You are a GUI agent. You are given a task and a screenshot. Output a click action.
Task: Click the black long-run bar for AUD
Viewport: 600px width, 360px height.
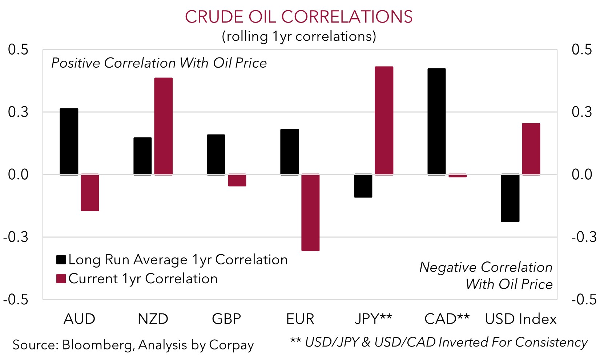click(69, 141)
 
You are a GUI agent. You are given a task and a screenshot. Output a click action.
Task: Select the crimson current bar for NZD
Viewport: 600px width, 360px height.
click(163, 126)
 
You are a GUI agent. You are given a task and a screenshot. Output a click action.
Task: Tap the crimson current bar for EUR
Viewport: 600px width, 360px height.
click(310, 212)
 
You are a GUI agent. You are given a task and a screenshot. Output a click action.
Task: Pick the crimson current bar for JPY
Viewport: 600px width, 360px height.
click(384, 120)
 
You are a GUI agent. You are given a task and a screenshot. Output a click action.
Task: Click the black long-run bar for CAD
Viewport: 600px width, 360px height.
click(436, 121)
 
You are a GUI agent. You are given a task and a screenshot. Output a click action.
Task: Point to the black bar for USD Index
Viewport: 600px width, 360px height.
click(510, 198)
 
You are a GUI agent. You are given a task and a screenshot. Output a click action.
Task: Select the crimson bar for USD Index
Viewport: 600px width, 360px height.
click(531, 149)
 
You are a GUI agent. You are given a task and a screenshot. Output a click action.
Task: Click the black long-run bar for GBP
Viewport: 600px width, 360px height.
click(216, 155)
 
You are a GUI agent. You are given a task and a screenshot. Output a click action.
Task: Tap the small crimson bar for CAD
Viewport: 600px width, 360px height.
click(458, 175)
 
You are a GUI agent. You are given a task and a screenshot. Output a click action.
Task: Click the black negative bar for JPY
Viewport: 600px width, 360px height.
click(363, 186)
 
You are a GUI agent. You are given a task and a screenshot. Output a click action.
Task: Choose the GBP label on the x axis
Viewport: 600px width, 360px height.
click(226, 319)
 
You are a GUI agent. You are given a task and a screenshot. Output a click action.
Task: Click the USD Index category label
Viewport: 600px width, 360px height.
click(520, 319)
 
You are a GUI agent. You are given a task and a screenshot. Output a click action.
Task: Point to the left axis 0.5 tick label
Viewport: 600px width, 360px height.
click(18, 49)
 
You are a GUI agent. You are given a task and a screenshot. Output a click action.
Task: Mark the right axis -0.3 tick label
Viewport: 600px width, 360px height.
click(584, 237)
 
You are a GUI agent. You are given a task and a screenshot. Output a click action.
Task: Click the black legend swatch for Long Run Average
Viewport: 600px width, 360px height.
click(61, 260)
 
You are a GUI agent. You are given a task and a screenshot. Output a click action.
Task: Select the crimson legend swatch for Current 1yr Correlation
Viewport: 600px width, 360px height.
click(61, 279)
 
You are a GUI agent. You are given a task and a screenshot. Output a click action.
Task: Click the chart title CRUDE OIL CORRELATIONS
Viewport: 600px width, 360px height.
click(299, 17)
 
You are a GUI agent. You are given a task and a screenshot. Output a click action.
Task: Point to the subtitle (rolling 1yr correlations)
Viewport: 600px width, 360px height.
click(299, 36)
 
